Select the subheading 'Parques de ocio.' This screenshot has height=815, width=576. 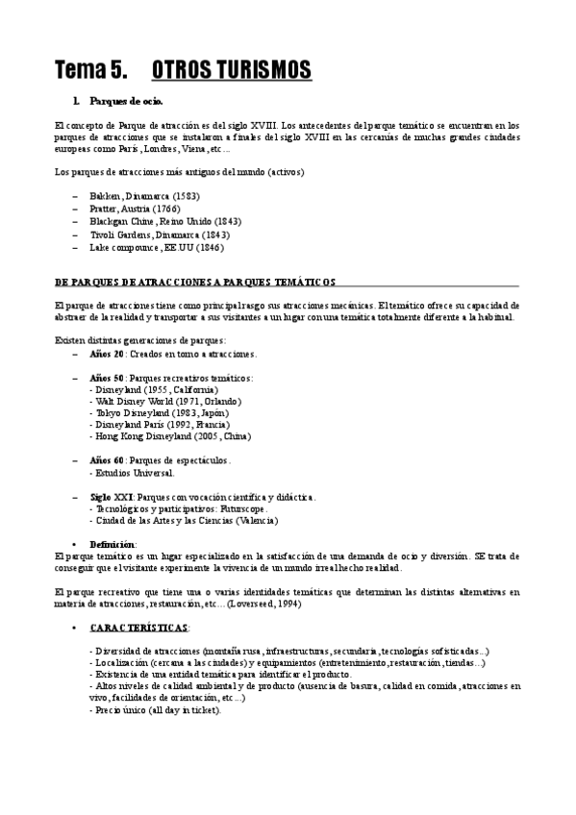click(x=126, y=101)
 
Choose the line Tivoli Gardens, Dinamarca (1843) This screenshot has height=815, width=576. click(x=152, y=234)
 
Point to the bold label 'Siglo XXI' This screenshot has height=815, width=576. click(x=113, y=496)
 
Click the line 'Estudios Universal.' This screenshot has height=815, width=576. click(x=134, y=472)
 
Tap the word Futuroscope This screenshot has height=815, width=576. click(x=241, y=507)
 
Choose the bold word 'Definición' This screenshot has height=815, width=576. click(x=113, y=543)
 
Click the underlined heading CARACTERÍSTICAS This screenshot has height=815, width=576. click(x=139, y=627)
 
